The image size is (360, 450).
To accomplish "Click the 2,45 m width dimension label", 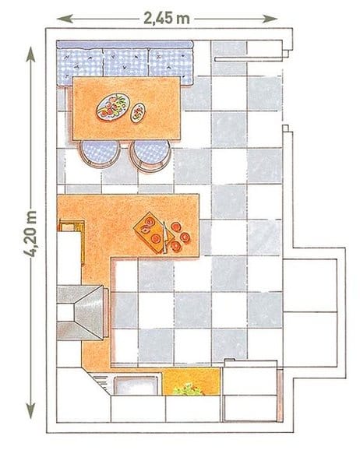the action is pyautogui.click(x=166, y=19).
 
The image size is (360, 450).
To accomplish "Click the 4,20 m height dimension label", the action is pyautogui.click(x=30, y=234).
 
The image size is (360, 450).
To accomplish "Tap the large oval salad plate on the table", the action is pyautogui.click(x=113, y=107).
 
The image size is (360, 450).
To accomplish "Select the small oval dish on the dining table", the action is pyautogui.click(x=138, y=113).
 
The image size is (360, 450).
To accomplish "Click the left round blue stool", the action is pyautogui.click(x=100, y=153).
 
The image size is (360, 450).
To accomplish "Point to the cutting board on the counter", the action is pyautogui.click(x=153, y=233).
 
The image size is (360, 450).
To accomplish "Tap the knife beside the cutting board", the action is pyautogui.click(x=164, y=237).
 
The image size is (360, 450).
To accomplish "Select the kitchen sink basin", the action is pyautogui.click(x=136, y=385).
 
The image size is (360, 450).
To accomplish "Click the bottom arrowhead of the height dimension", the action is pyautogui.click(x=30, y=411).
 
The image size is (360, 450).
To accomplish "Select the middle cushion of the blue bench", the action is pyautogui.click(x=125, y=62).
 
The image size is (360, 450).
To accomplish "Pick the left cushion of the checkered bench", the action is pyautogui.click(x=80, y=67).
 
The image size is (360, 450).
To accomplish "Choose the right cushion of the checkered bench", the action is pyautogui.click(x=171, y=67).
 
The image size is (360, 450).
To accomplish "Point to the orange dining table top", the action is pyautogui.click(x=126, y=108).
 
